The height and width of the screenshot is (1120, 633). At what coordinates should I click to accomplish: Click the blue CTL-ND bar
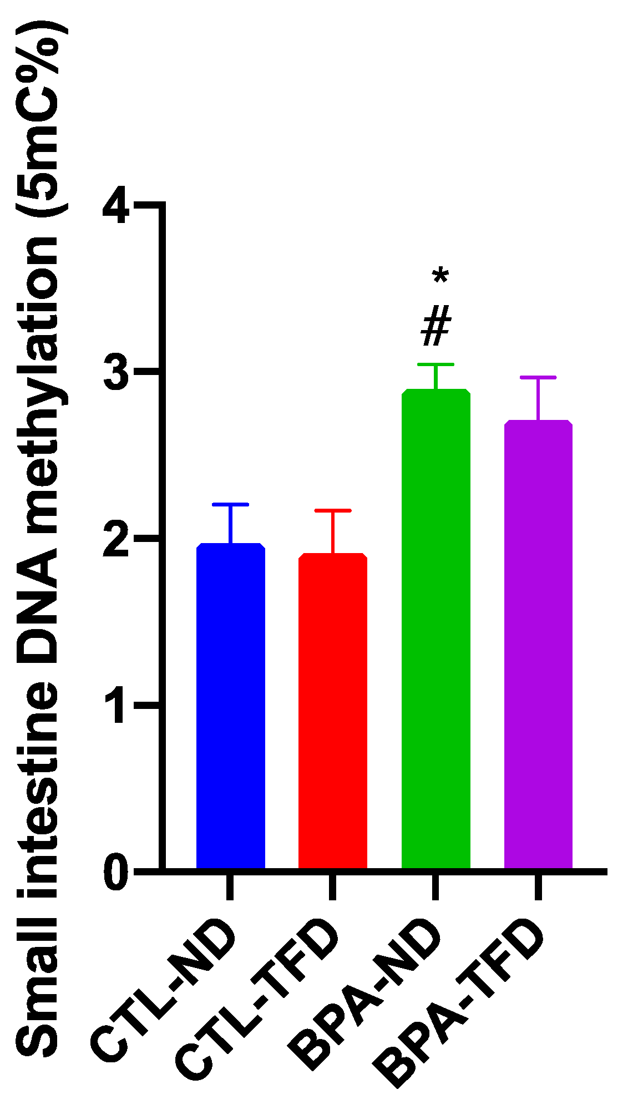coord(230,705)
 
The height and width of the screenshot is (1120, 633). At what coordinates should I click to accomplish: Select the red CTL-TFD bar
coord(333,710)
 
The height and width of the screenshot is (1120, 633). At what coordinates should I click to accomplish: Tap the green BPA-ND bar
coord(435,627)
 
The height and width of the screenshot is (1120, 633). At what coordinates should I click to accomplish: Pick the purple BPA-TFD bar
coord(538,643)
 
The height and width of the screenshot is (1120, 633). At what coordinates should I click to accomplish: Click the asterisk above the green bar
coord(440,276)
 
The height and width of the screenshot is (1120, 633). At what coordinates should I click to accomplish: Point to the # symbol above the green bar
coord(435,328)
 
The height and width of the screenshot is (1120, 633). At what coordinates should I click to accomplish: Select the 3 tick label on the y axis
coord(116,371)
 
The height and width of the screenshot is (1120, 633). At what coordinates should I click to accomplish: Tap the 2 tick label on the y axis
coord(116,538)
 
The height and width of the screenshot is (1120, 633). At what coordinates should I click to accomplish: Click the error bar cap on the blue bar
coord(230,504)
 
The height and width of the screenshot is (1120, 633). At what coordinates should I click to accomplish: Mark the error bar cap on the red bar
coord(333,510)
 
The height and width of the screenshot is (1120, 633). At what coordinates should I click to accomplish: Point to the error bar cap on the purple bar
coord(538,377)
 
